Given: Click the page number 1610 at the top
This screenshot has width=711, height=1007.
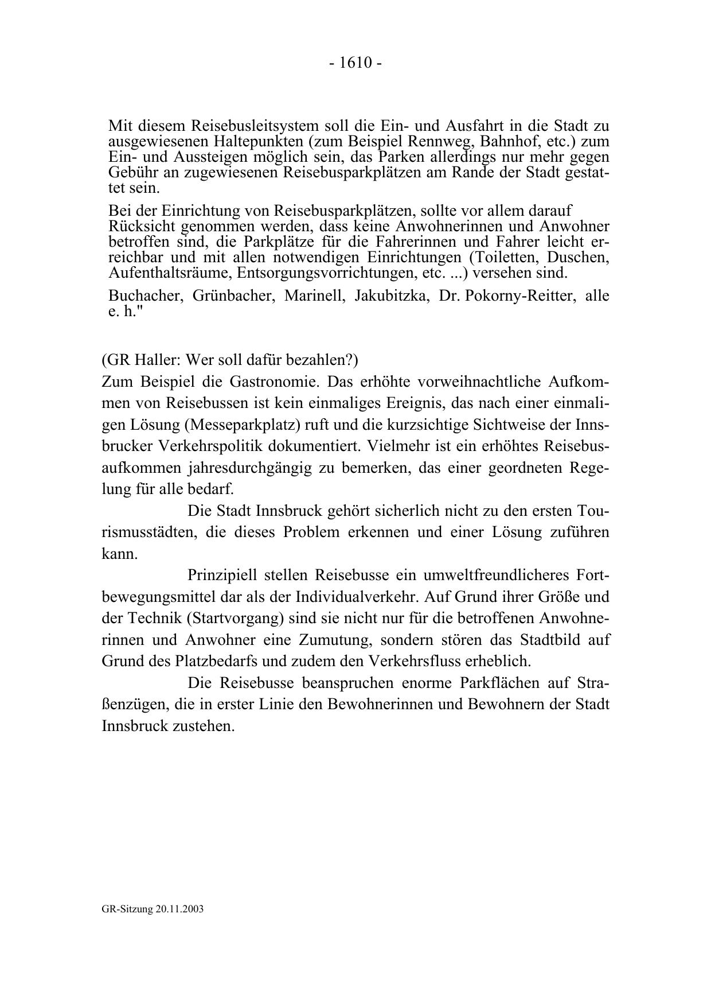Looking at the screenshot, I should click(355, 63).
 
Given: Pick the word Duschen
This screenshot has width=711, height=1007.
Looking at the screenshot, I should click(577, 256).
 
